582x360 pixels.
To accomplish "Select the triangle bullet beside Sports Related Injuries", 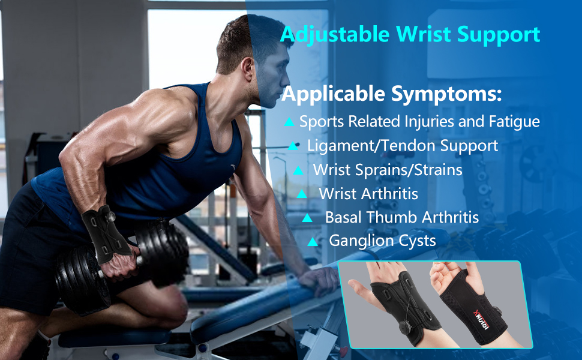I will pyautogui.click(x=289, y=122).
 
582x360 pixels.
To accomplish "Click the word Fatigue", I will pyautogui.click(x=517, y=122).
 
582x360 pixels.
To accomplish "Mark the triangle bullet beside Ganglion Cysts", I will pyautogui.click(x=312, y=242).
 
